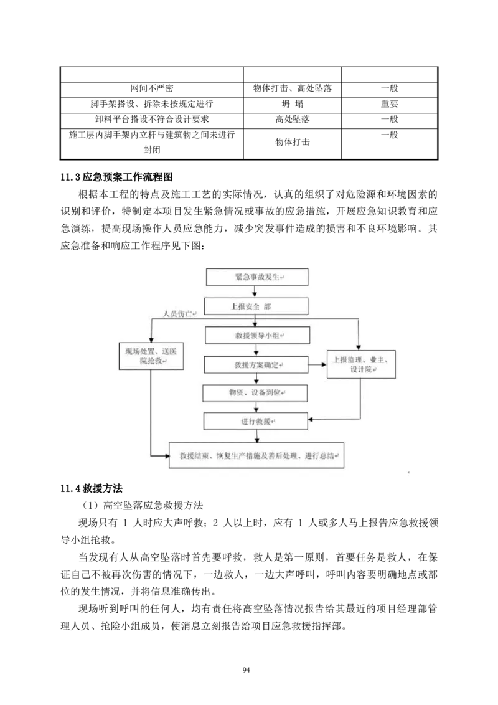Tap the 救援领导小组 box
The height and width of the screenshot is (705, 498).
[x=256, y=335]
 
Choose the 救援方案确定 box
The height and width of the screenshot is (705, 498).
[x=256, y=364]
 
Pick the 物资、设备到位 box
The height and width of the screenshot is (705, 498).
[x=255, y=393]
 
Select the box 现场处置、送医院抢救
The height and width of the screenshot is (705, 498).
[x=151, y=356]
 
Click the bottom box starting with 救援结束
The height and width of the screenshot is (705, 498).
[x=256, y=457]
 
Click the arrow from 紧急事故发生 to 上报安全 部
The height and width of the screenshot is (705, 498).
[x=255, y=291]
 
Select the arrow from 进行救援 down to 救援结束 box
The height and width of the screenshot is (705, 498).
[x=256, y=436]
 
